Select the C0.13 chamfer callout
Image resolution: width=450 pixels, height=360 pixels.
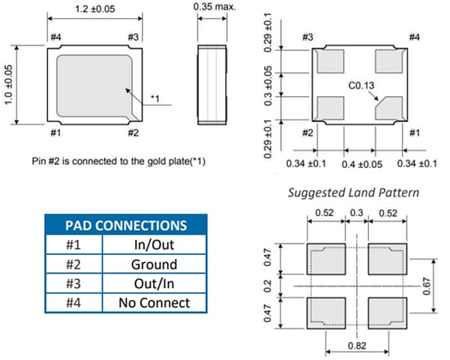click(361, 86)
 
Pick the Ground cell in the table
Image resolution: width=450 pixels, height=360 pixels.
click(154, 265)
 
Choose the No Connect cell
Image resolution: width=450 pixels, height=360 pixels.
click(154, 303)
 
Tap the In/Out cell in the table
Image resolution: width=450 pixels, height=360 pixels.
click(154, 245)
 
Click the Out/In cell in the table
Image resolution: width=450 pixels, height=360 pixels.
click(154, 284)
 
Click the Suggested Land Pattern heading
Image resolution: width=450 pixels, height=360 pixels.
click(355, 193)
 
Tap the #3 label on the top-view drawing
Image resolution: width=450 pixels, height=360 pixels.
click(133, 37)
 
